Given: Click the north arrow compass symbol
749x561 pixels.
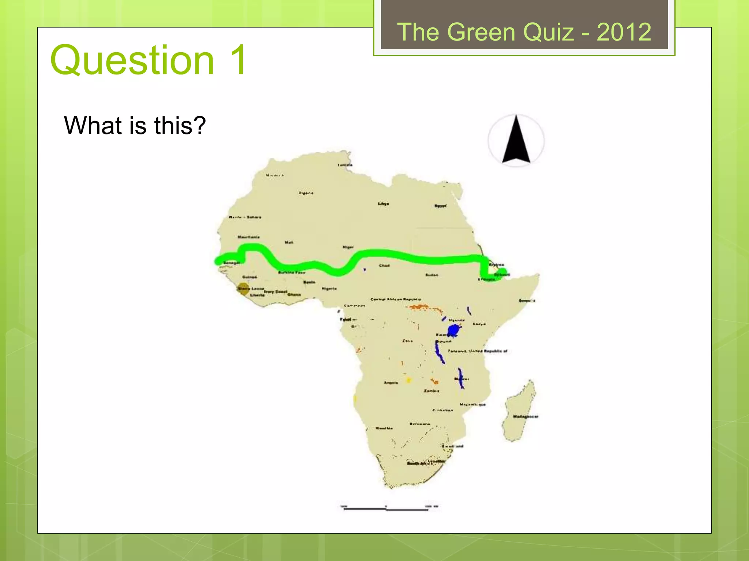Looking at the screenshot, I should point(516,140).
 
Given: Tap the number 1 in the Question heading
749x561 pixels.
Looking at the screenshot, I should point(238,60).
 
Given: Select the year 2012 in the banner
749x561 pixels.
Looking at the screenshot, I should point(624,32).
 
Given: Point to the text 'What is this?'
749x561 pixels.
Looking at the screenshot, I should point(135,125).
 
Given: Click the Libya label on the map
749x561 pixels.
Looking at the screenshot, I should point(383,204).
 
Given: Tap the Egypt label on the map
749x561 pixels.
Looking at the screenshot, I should point(440,206).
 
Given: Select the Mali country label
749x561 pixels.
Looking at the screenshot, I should point(289,242).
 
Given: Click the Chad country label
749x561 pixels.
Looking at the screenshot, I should point(384,266).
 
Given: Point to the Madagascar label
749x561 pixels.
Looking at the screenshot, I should point(525,416).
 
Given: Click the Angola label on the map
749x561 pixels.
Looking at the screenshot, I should point(391,383).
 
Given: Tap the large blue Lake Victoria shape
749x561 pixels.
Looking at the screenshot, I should point(453,330).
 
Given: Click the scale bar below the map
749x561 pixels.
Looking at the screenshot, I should point(386,508).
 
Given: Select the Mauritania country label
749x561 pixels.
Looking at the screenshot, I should point(249,237).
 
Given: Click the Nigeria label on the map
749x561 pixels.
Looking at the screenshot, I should point(329,289).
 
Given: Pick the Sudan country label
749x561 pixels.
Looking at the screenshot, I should point(432,275).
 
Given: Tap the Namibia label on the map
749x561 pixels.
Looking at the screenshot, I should point(384,428).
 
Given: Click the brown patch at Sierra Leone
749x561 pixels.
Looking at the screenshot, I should point(242,288).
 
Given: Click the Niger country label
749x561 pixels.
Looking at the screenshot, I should point(348,247).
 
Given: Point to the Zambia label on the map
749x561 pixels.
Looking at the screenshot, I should point(432,391).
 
